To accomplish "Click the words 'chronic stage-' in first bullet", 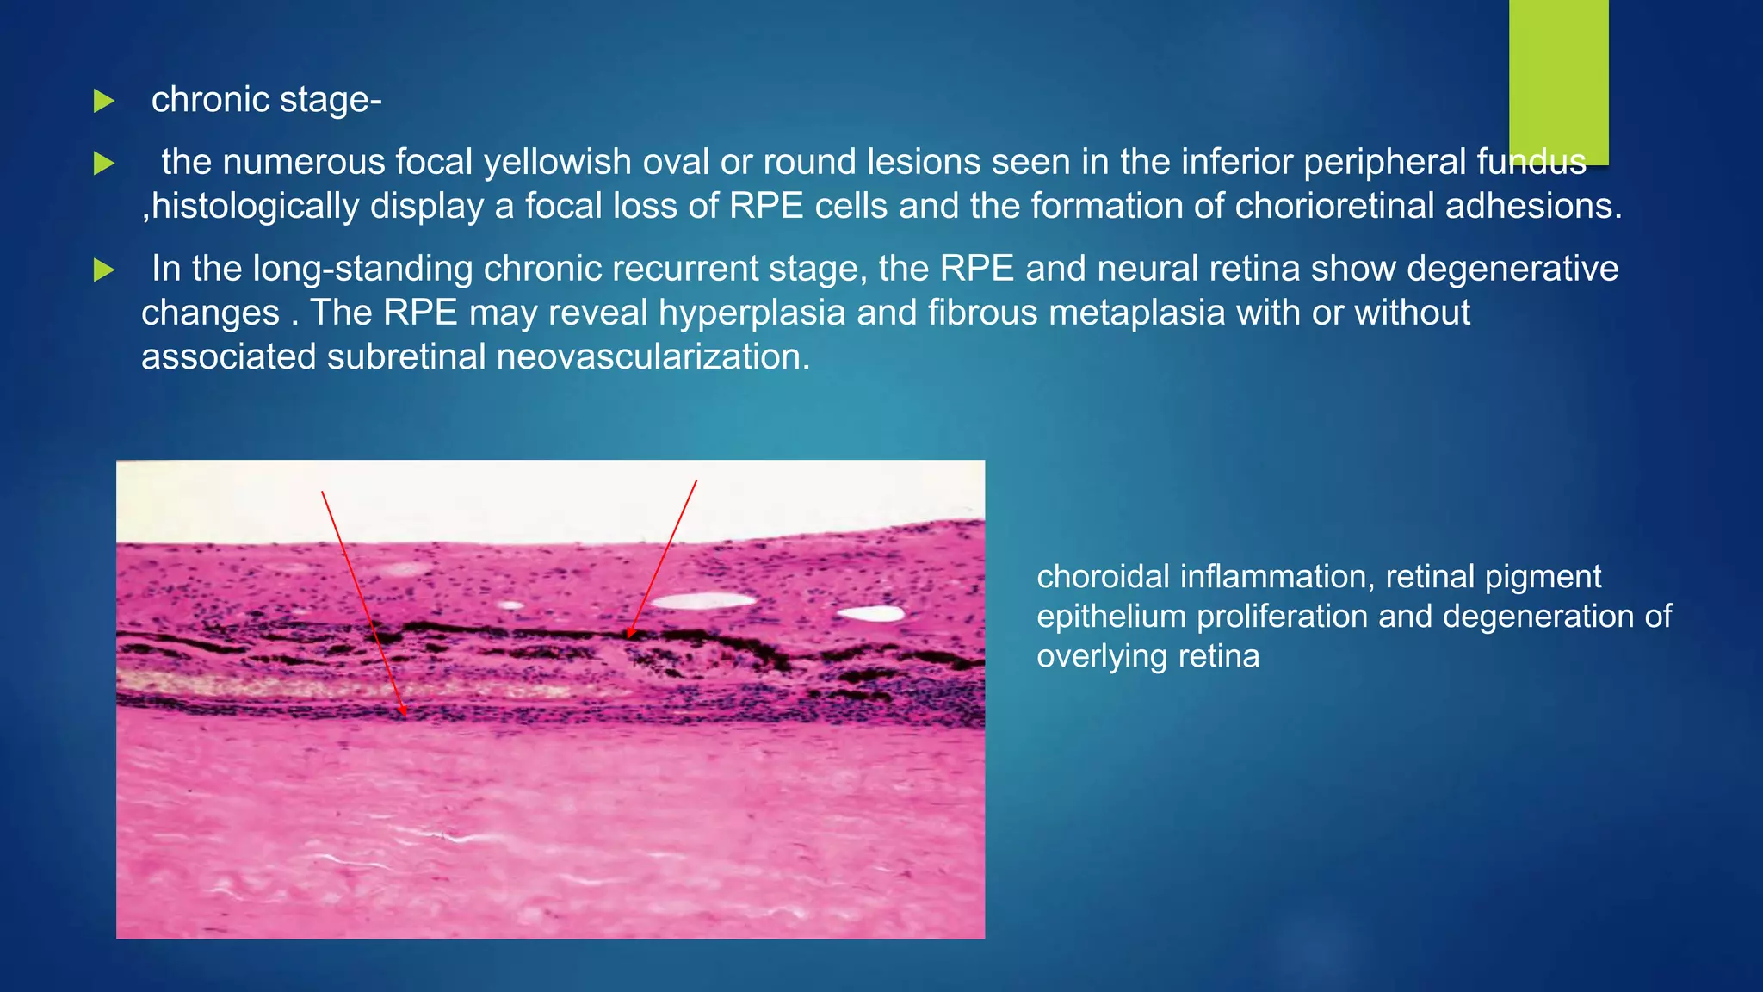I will (266, 100).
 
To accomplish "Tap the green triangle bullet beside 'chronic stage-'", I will (104, 101).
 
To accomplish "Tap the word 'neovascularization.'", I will (653, 356).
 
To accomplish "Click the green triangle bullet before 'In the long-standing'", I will (104, 270).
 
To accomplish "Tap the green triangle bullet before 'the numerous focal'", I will (104, 163).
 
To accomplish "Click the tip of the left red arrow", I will (405, 716).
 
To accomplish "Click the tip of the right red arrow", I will (628, 637).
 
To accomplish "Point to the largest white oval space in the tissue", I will (703, 601).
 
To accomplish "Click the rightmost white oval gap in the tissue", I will (871, 614).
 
